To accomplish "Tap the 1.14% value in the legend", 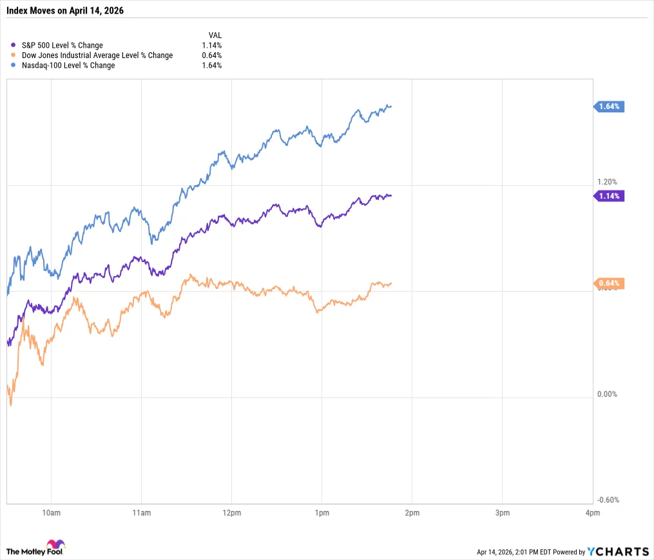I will click(211, 46).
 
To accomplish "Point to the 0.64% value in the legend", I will click(211, 55).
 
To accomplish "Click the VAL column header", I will click(215, 35).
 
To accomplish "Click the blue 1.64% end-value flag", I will click(609, 106).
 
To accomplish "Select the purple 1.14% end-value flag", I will click(609, 195).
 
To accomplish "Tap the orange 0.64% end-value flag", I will click(609, 283).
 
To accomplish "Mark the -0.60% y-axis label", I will click(607, 500).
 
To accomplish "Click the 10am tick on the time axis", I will click(51, 513).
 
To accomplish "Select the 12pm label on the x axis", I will click(231, 513).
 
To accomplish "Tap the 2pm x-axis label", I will click(412, 513).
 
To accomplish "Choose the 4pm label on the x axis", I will click(592, 513).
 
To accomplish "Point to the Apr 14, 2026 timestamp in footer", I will click(496, 552).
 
